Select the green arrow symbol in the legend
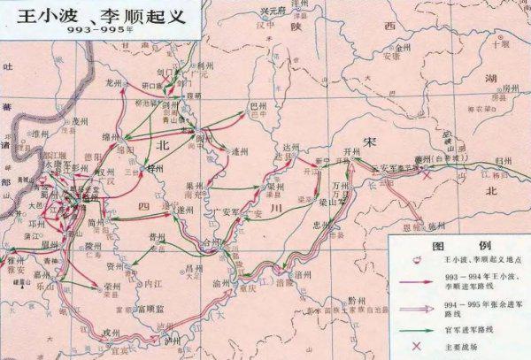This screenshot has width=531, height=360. (x=413, y=322)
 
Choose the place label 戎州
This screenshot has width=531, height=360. (x=111, y=331)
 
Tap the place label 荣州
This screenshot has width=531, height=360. (x=112, y=287)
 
